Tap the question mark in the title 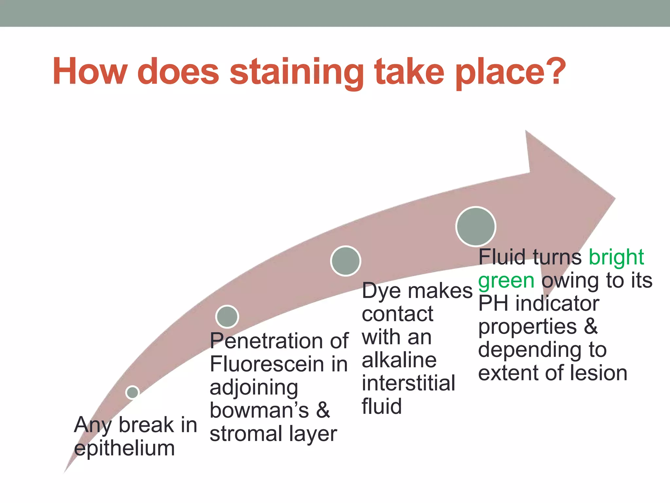pyautogui.click(x=553, y=70)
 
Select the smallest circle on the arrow pyautogui.click(x=132, y=392)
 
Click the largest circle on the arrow pyautogui.click(x=476, y=227)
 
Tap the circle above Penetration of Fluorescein pyautogui.click(x=227, y=317)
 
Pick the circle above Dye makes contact pyautogui.click(x=345, y=261)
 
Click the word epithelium pyautogui.click(x=124, y=448)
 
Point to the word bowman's pyautogui.click(x=259, y=410)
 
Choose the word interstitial pyautogui.click(x=408, y=383)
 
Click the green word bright pyautogui.click(x=616, y=257)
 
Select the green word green pyautogui.click(x=506, y=281)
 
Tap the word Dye pyautogui.click(x=381, y=291)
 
